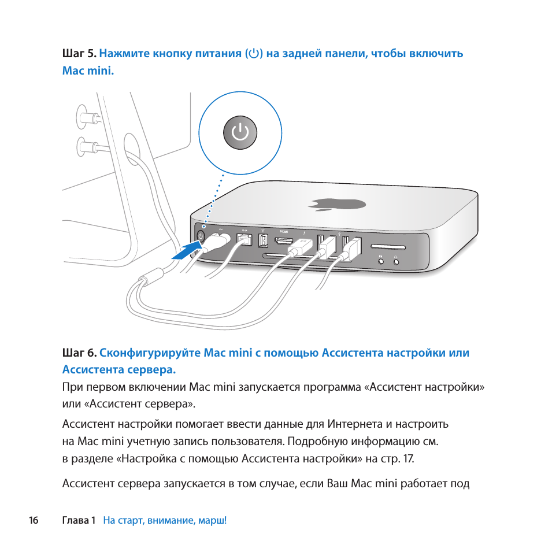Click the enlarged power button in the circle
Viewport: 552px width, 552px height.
[x=240, y=133]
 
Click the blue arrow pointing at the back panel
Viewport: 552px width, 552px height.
[x=187, y=251]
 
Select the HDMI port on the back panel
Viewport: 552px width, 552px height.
[x=284, y=239]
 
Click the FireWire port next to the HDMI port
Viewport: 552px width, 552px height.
[x=263, y=239]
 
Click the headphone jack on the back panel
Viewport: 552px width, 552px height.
[x=396, y=261]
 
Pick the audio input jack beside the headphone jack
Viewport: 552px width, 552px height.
[x=380, y=261]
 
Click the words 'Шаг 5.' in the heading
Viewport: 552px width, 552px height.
[x=79, y=54]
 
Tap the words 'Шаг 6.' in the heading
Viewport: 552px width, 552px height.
[x=79, y=353]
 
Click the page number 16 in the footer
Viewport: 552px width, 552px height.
[x=34, y=520]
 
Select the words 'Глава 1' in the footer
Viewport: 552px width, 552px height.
[x=79, y=520]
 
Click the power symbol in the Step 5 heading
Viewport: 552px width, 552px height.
[x=254, y=54]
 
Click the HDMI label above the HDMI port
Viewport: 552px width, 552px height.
[x=284, y=231]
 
